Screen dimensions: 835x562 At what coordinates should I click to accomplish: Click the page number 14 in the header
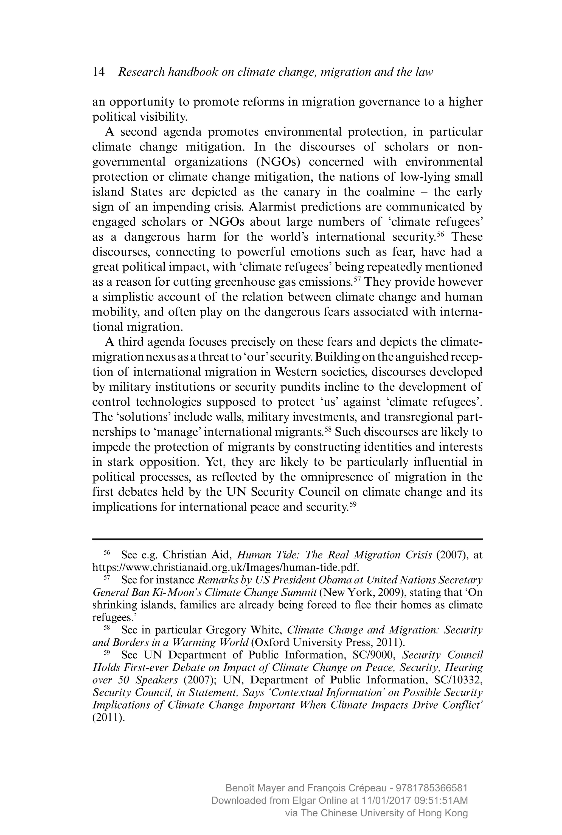point(99,72)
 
